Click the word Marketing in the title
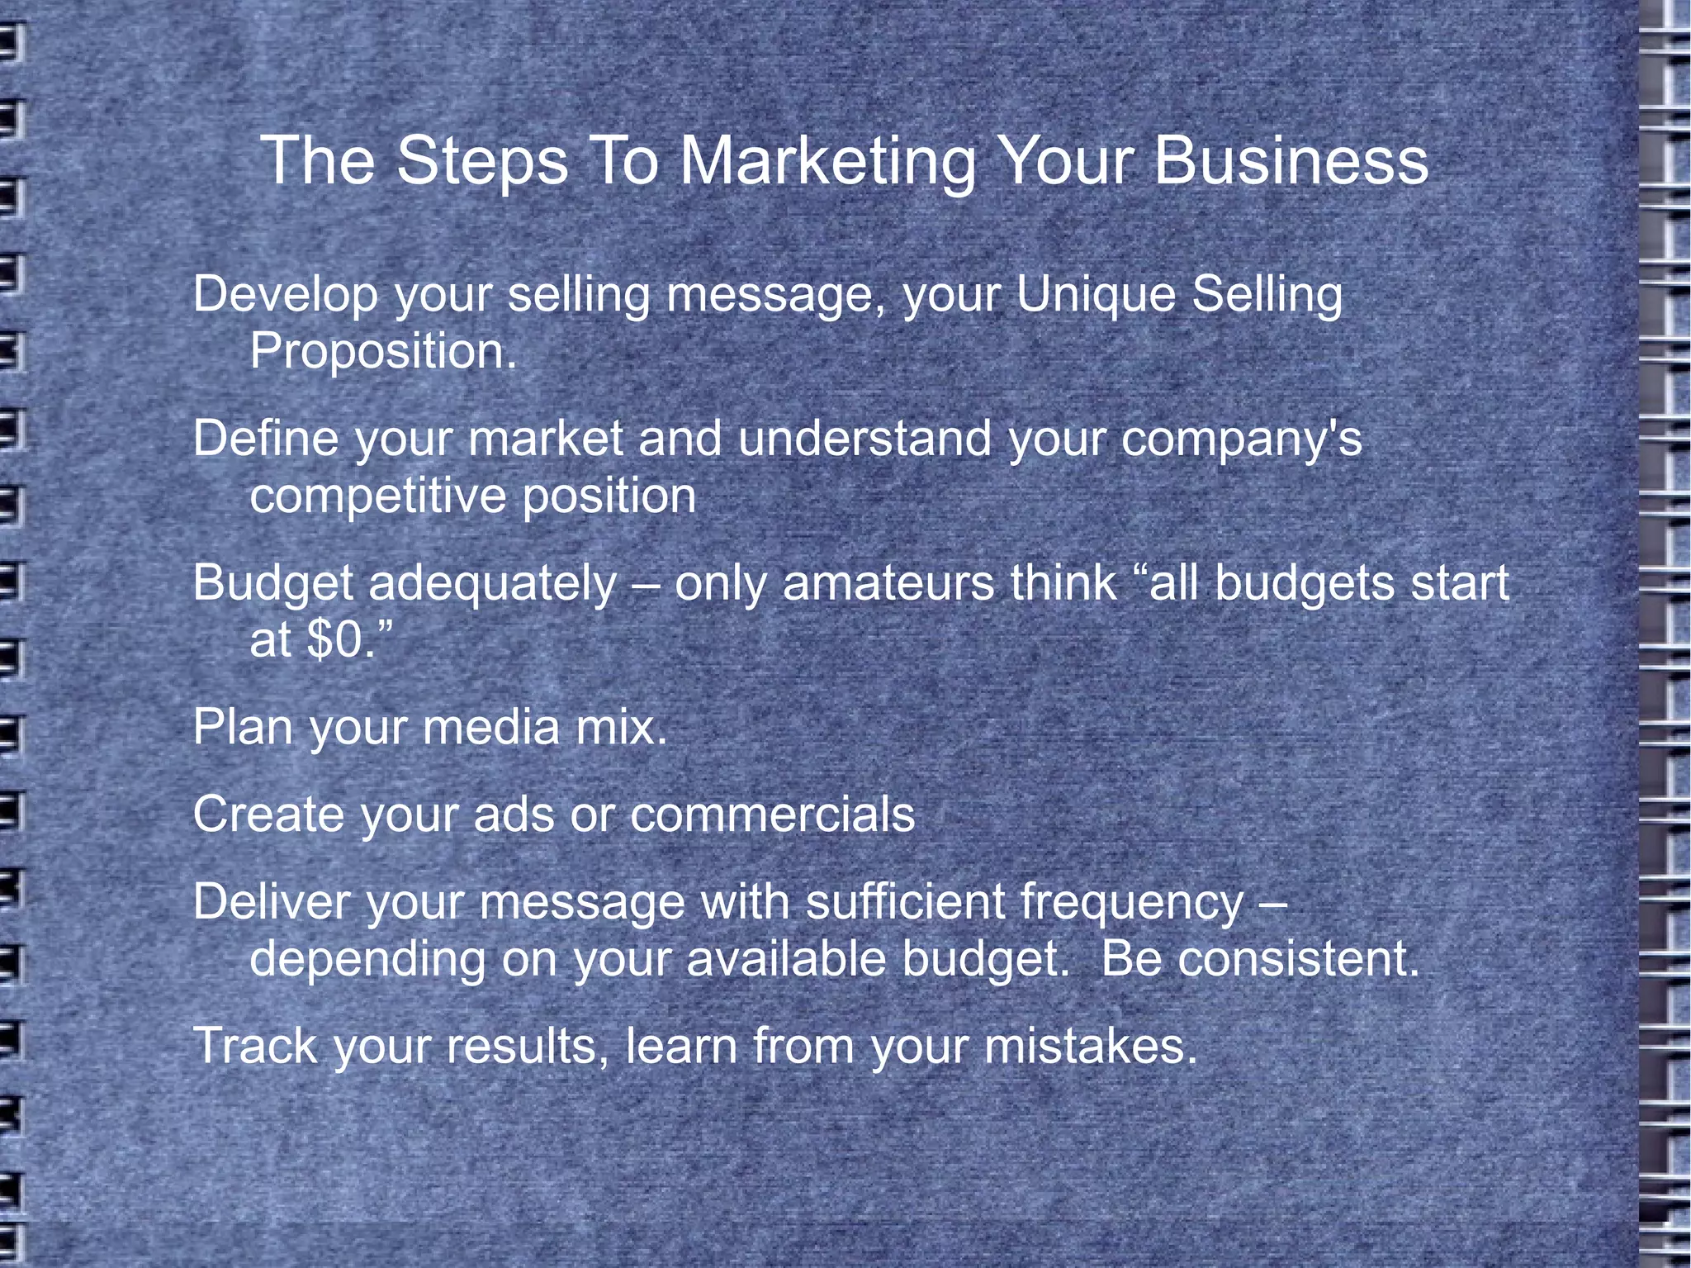click(x=827, y=161)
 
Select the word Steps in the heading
click(x=482, y=161)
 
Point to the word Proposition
click(x=383, y=352)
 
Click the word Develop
click(x=285, y=295)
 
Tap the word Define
click(x=265, y=438)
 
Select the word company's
click(x=1241, y=439)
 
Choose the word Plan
click(x=243, y=728)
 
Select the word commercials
click(x=773, y=814)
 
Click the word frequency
click(x=1131, y=903)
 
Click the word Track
click(x=255, y=1046)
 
